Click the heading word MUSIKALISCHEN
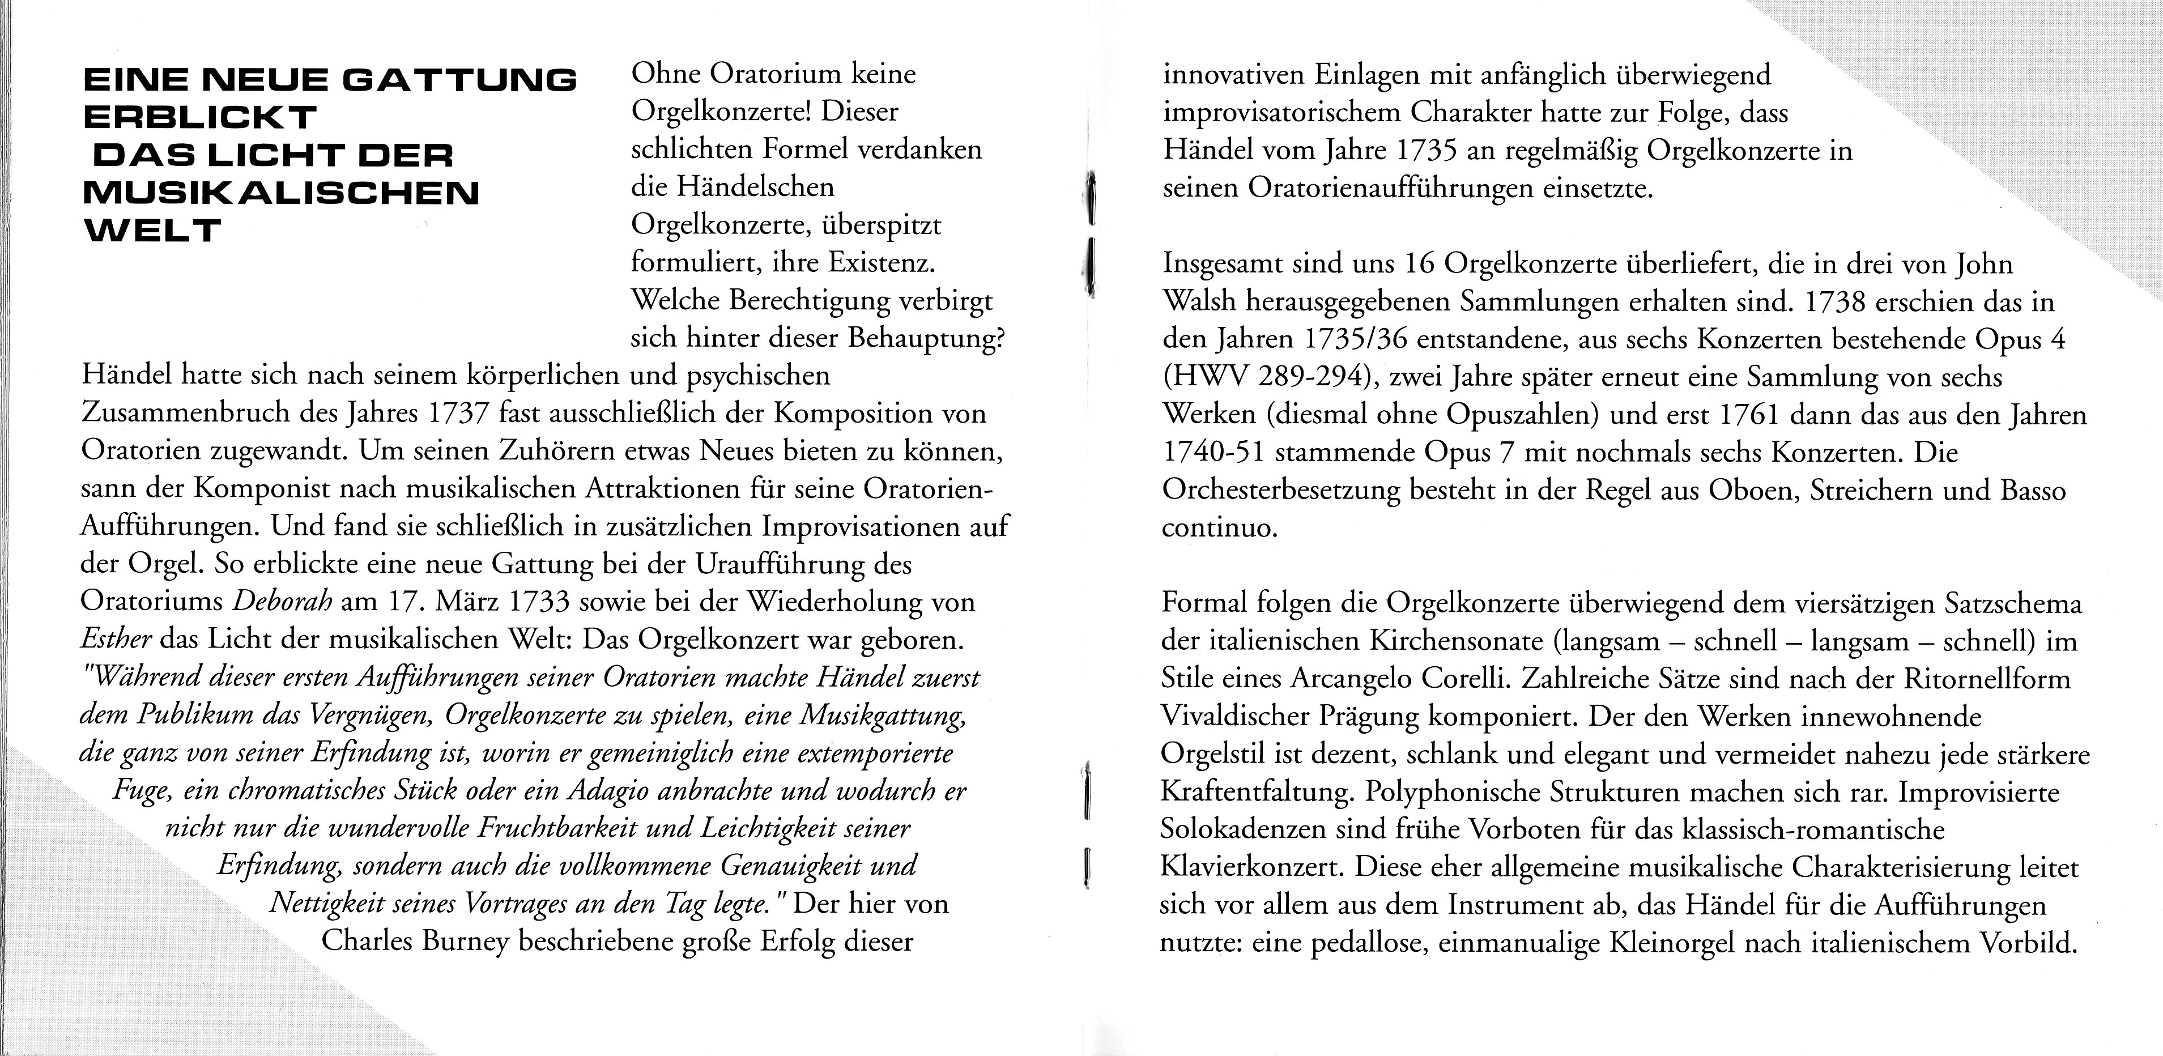(282, 193)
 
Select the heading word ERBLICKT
(200, 117)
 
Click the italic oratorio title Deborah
(282, 602)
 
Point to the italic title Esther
(115, 640)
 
